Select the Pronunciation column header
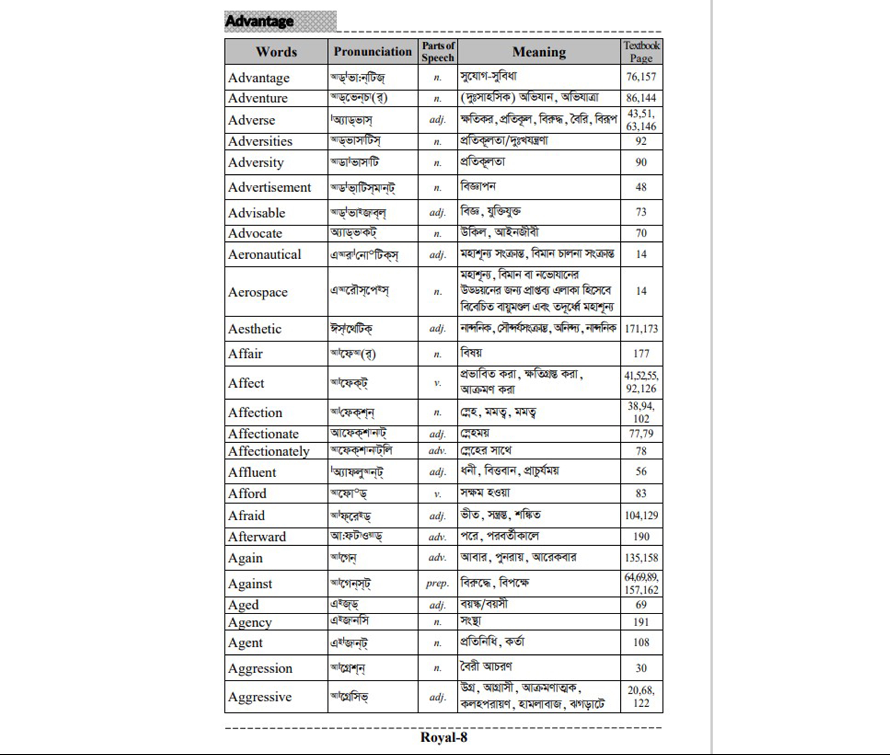click(x=372, y=51)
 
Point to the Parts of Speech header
click(x=438, y=51)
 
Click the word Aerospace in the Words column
click(x=258, y=292)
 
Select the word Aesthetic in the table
click(x=255, y=329)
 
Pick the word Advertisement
click(x=269, y=187)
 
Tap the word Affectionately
click(x=268, y=451)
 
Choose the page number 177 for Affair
click(x=641, y=354)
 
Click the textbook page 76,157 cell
click(x=641, y=77)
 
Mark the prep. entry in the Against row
click(x=437, y=583)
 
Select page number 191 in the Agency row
click(x=641, y=622)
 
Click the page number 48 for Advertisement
click(x=641, y=187)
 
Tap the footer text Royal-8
click(x=444, y=737)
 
